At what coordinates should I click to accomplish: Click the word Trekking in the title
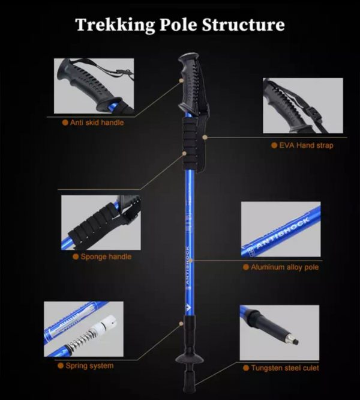click(x=115, y=25)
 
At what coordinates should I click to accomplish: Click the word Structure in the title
click(x=244, y=25)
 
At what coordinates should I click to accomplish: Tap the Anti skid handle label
click(x=97, y=123)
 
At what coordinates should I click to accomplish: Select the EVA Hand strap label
click(x=306, y=145)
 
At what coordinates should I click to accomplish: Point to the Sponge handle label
click(x=106, y=256)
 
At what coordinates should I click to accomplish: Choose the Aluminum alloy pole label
click(x=284, y=267)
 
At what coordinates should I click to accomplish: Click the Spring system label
click(x=89, y=366)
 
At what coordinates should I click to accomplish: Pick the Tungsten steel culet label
click(x=285, y=368)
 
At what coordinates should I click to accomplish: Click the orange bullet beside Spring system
click(x=61, y=366)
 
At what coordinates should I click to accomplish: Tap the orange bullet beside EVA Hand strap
click(x=274, y=145)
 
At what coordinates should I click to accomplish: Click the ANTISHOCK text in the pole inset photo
click(x=282, y=233)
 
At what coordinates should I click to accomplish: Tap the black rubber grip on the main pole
click(x=190, y=82)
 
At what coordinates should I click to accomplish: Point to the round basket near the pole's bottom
click(x=190, y=360)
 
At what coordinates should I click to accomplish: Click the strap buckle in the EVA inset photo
click(x=313, y=113)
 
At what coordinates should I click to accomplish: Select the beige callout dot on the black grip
click(x=181, y=80)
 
